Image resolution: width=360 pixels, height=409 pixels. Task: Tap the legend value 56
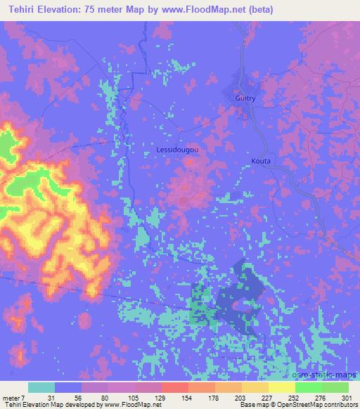point(68,398)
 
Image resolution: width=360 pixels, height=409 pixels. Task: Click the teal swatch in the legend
point(41,388)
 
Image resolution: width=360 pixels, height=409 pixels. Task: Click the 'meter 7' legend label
point(13,398)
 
